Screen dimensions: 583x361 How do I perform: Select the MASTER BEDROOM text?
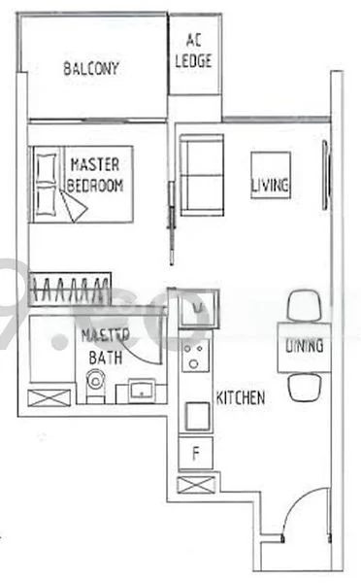95,176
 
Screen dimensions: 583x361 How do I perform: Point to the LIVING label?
271,185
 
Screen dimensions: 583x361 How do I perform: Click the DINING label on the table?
304,347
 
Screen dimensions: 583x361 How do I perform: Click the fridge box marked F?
196,451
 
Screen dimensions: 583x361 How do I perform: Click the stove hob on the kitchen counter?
196,357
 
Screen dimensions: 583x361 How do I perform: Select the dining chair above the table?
304,305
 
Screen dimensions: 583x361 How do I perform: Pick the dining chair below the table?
304,389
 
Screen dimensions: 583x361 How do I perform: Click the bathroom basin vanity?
142,393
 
